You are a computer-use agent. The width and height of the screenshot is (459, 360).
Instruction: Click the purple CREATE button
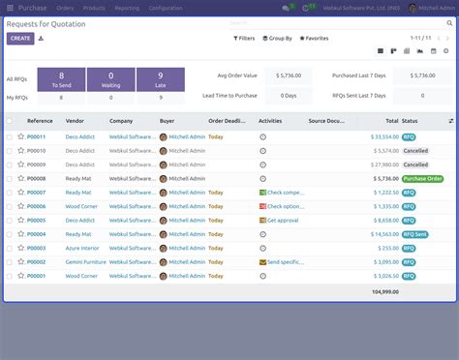click(x=19, y=39)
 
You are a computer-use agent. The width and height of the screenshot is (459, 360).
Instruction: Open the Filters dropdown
click(x=245, y=39)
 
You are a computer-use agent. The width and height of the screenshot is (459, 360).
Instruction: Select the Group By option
click(x=277, y=39)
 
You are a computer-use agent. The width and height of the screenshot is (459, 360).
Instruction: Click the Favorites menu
click(x=314, y=39)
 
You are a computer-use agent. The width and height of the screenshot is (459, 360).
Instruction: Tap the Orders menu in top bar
click(x=65, y=7)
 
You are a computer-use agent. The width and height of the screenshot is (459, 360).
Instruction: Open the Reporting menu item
click(x=126, y=7)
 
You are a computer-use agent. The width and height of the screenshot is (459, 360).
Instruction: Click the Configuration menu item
click(x=166, y=7)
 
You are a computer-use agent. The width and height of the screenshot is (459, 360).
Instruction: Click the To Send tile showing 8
click(x=62, y=79)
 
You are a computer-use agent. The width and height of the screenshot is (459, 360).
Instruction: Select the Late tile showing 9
click(x=159, y=79)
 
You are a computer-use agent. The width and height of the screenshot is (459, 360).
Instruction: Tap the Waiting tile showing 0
click(x=110, y=79)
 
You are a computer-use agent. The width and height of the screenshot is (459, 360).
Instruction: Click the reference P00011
click(x=36, y=137)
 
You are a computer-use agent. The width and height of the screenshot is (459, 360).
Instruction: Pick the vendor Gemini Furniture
click(x=85, y=262)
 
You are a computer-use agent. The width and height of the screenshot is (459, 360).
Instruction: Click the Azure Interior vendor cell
click(x=82, y=248)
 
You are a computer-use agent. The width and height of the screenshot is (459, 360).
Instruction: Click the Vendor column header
click(x=75, y=121)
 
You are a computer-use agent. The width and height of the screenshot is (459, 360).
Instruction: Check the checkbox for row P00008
click(x=10, y=179)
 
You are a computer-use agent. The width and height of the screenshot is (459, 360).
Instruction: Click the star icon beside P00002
click(x=20, y=262)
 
